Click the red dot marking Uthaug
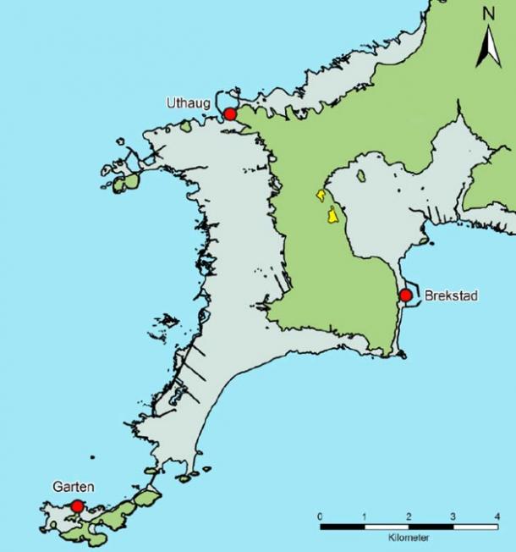click(229, 114)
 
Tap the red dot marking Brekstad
click(405, 295)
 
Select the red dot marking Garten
click(77, 505)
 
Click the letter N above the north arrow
click(488, 14)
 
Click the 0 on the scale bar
click(320, 516)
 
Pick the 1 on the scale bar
click(365, 516)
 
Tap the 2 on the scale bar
click(409, 516)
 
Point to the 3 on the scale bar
click(453, 516)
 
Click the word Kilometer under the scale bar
click(409, 538)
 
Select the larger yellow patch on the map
click(332, 215)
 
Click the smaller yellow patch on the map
click(321, 196)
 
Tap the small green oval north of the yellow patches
click(361, 177)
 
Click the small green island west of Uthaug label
click(185, 128)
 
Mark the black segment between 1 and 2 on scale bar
click(387, 527)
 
